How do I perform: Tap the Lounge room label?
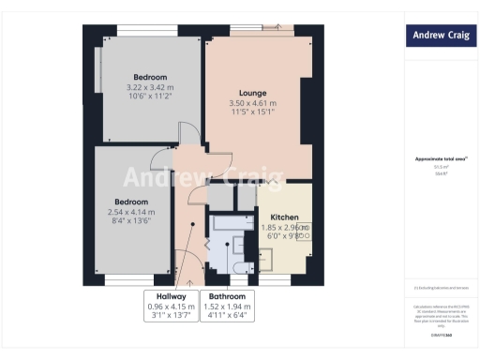tap(253, 93)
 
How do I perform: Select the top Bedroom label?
tap(150, 77)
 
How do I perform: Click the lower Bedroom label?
tap(131, 202)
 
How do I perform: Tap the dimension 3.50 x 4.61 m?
tap(253, 103)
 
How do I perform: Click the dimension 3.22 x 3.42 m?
tap(150, 87)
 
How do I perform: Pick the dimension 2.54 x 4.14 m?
tap(131, 212)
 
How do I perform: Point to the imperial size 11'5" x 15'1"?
tap(253, 113)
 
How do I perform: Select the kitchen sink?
tap(306, 229)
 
